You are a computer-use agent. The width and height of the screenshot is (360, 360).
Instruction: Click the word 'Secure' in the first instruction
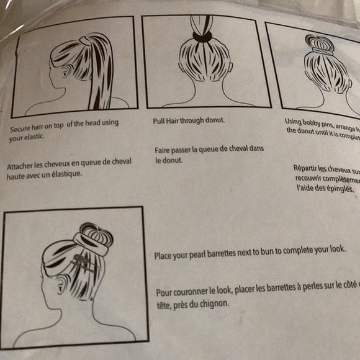click(x=21, y=130)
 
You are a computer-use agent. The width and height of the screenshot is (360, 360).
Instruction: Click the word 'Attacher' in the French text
click(x=20, y=167)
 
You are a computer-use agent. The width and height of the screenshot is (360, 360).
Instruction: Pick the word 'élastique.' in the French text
click(x=65, y=174)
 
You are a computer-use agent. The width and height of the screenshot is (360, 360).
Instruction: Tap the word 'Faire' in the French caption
click(x=164, y=150)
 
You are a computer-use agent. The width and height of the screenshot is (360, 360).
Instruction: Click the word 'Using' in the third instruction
click(x=295, y=122)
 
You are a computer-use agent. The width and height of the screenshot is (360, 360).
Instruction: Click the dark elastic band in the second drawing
click(x=202, y=37)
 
